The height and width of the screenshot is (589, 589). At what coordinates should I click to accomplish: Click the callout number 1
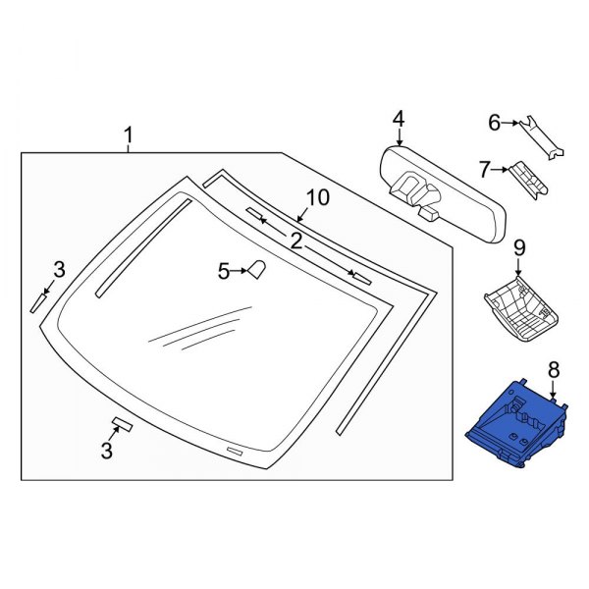coord(127,134)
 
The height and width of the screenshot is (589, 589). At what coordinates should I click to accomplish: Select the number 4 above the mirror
coord(398,119)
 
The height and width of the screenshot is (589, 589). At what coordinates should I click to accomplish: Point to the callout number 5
coord(222,271)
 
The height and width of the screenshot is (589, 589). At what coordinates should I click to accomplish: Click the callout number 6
coord(496,123)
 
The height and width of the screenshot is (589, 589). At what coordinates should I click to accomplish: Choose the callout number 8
coord(553,370)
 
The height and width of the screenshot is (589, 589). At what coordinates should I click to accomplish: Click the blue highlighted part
coord(515,423)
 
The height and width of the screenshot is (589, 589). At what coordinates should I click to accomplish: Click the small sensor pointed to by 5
coord(258,269)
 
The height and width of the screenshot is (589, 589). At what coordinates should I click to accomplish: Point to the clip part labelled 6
coord(545,136)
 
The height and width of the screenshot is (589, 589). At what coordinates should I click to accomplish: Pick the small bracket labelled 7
coord(528,180)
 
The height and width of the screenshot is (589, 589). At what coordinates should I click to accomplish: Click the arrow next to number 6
coord(514,124)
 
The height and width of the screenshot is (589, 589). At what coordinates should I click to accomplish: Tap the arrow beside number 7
coord(501,170)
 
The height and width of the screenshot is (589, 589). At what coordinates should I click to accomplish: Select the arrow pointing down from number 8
coord(554,393)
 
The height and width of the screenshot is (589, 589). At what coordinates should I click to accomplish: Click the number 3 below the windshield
coord(107,452)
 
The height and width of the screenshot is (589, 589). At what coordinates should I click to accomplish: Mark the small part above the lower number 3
coord(123,424)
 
